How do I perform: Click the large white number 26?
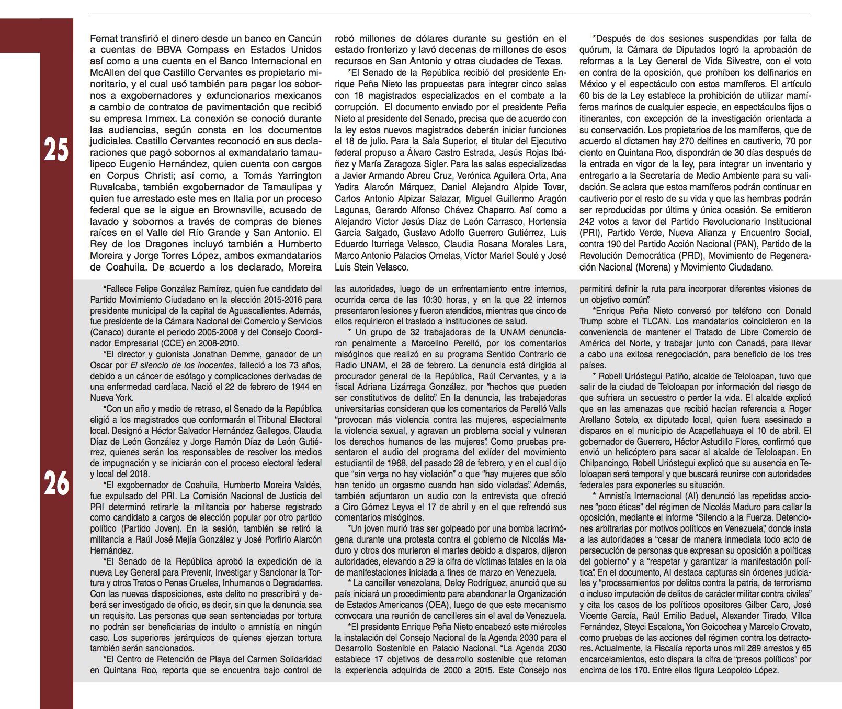pos(56,483)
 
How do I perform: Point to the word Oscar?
pos(101,365)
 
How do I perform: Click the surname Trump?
pos(591,321)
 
